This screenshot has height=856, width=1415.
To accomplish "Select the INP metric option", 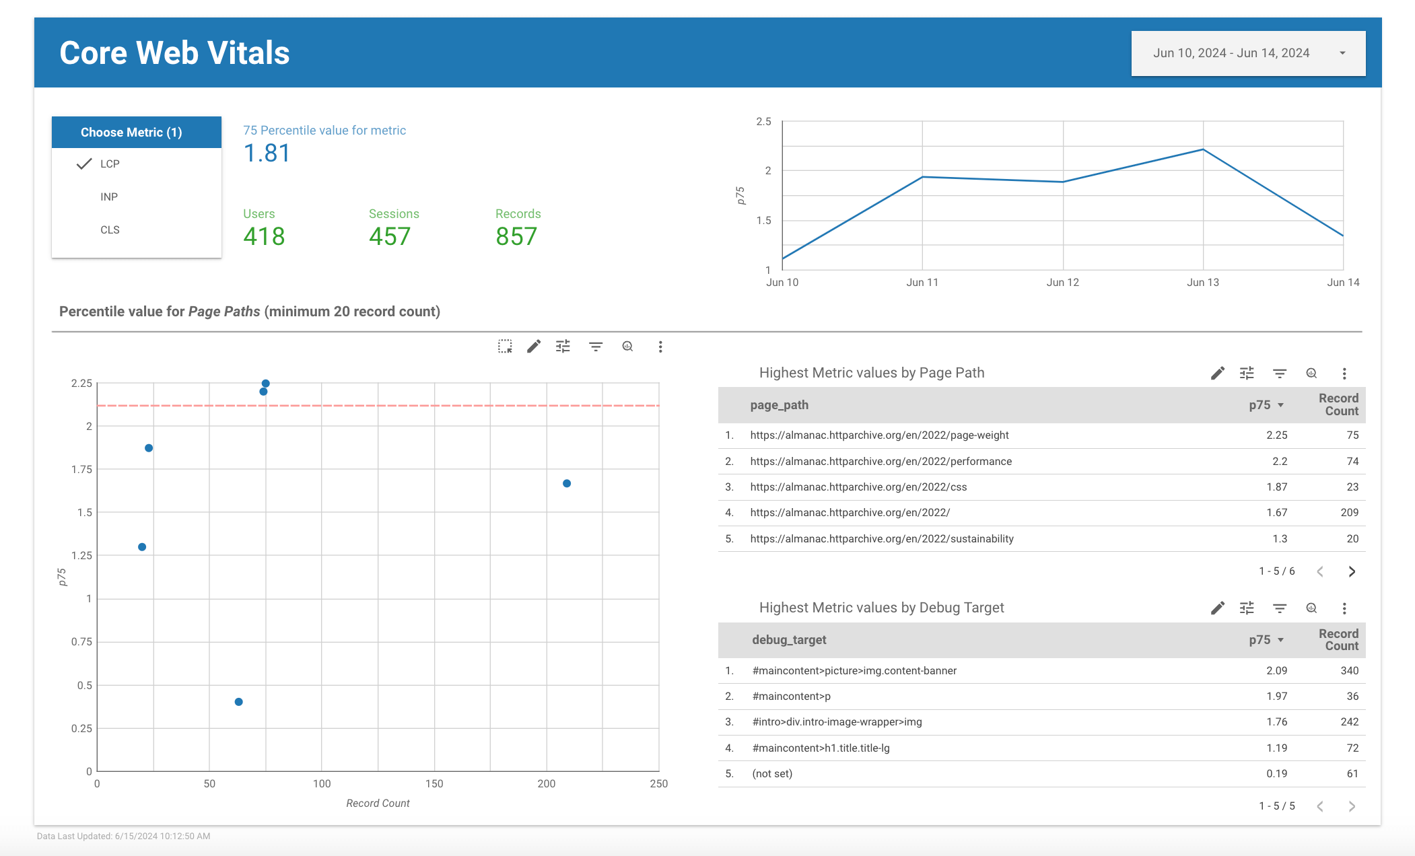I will click(x=109, y=197).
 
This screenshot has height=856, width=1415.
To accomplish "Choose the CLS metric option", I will click(x=110, y=229).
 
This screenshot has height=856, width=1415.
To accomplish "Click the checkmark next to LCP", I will click(x=84, y=164).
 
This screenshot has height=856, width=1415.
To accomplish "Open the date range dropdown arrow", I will click(x=1342, y=53).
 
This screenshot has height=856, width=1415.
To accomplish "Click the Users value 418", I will click(x=264, y=236).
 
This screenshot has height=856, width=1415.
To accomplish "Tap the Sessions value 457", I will click(x=389, y=236).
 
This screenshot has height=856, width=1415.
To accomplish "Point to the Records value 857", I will click(x=516, y=236).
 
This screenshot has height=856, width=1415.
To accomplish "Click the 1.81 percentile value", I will click(x=267, y=153).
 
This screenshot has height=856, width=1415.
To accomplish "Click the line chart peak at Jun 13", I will click(x=1203, y=149).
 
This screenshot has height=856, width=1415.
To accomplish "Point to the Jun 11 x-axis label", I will click(x=922, y=282).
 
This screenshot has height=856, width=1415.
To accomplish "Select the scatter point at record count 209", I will click(x=567, y=483).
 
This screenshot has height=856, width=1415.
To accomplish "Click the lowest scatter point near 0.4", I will click(x=238, y=702).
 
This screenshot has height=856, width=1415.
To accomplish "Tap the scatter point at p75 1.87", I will click(x=149, y=448).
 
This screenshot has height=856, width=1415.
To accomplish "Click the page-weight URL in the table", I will click(x=879, y=435).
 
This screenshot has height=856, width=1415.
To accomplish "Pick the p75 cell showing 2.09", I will click(x=1276, y=670).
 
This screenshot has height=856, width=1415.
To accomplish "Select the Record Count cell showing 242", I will click(x=1349, y=722).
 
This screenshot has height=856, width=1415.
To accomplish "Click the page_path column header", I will click(x=779, y=405).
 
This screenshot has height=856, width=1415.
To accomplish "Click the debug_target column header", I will click(x=789, y=640).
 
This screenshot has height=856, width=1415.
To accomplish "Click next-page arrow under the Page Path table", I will click(x=1352, y=571).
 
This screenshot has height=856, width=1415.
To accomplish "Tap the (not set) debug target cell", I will click(x=772, y=774).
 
